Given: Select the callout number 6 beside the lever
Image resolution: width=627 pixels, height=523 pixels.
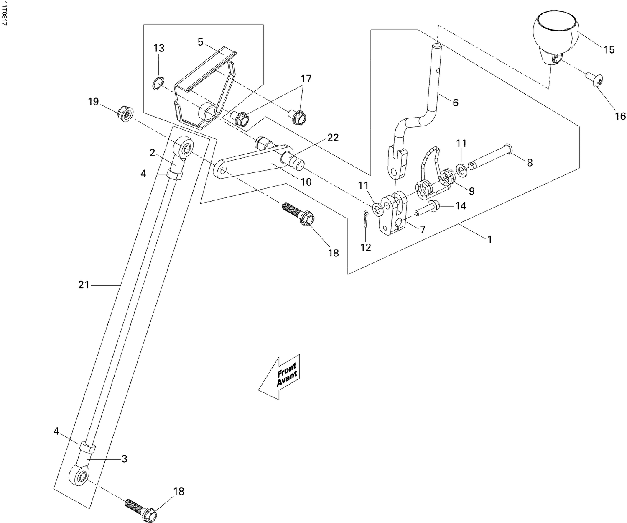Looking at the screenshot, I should [455, 103].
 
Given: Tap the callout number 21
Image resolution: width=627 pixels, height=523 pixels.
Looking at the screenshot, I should [84, 285].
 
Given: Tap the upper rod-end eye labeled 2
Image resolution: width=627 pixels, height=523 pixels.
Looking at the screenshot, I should [184, 148].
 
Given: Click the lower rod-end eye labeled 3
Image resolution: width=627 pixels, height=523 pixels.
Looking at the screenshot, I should [79, 477].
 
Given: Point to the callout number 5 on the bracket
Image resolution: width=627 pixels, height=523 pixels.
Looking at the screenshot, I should [201, 42].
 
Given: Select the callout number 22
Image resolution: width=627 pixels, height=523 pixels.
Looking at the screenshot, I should [333, 138].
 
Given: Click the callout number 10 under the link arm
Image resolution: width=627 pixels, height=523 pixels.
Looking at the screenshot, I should [306, 182].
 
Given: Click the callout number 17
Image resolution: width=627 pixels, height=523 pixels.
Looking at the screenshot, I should [306, 79].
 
